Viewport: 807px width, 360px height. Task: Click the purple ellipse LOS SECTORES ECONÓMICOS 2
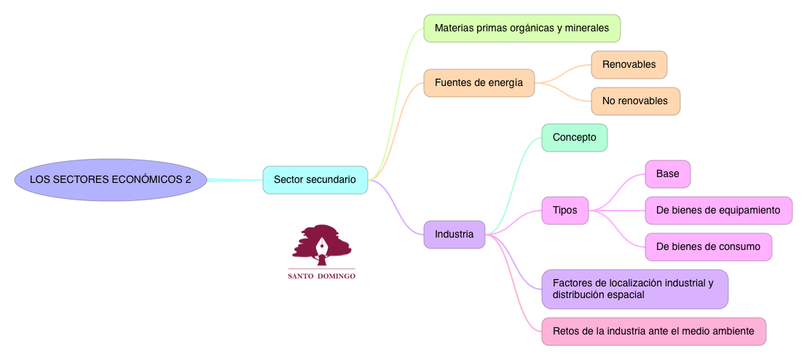point(111,179)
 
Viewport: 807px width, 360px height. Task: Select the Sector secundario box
point(315,179)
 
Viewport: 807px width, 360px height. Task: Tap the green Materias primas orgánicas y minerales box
point(521,28)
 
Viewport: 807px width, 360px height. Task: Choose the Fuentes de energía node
point(479,83)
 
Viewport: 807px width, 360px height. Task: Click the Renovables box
point(629,65)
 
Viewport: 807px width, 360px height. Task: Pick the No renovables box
point(635,101)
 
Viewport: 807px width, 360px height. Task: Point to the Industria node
point(454,235)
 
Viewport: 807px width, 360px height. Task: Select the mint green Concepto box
point(574,138)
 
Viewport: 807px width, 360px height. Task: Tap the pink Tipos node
point(564,211)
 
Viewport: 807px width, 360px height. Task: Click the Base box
point(667,174)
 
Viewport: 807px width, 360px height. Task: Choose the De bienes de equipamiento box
point(718,211)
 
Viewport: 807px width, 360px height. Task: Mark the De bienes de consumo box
point(708,247)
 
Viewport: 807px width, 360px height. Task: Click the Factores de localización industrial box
point(634,289)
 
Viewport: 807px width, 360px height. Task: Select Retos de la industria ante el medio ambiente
point(653,332)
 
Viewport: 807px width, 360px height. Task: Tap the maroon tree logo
point(322,244)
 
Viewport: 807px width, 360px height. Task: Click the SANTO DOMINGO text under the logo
point(322,277)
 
